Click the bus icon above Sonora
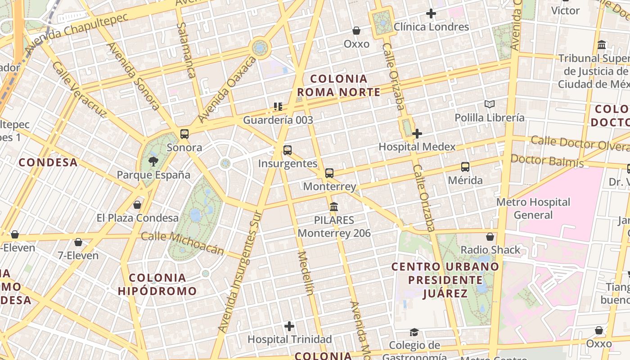coord(184,134)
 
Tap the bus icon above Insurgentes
coord(288,150)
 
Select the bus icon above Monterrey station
coord(329,173)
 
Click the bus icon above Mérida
coord(465,167)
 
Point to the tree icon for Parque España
coord(153,162)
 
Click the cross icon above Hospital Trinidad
coord(289,326)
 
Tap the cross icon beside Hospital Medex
coord(417,134)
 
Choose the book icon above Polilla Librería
coord(490,104)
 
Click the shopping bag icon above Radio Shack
coord(490,237)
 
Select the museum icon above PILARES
coord(334,207)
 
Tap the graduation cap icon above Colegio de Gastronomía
coord(414,333)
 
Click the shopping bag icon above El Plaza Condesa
coord(137,205)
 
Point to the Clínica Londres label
coord(431,27)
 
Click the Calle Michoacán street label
coord(182,243)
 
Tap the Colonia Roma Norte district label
coord(339,85)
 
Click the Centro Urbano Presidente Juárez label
coord(445,280)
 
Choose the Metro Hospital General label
coord(533,208)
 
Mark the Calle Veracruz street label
coord(78,89)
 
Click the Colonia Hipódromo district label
coord(157,284)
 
